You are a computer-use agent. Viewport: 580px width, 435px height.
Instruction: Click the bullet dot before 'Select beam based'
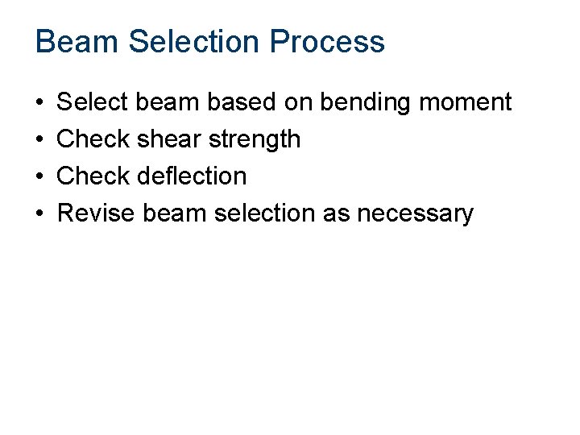click(39, 103)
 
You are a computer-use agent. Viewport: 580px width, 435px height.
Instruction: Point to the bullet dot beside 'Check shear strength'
click(39, 140)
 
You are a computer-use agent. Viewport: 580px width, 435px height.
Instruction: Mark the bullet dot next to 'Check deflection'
click(39, 176)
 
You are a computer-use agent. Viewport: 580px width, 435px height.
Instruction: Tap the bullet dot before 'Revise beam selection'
click(39, 213)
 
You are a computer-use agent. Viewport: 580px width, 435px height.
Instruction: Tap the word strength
click(255, 140)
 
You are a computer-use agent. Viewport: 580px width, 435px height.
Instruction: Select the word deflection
click(197, 176)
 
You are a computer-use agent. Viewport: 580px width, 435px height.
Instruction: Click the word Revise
click(96, 213)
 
